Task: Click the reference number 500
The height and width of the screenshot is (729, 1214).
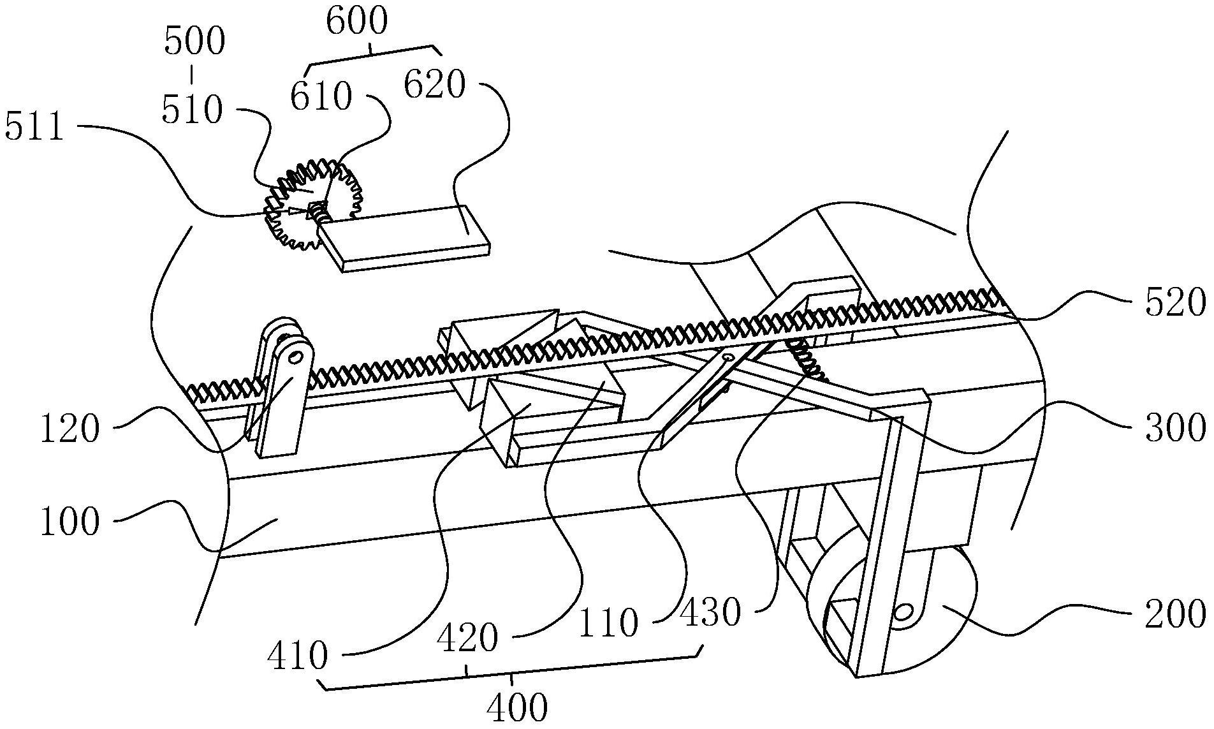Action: (194, 43)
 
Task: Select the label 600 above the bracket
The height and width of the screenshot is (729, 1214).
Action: (356, 20)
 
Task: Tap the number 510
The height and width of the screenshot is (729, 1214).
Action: (192, 110)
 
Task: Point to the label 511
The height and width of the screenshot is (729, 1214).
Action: (34, 127)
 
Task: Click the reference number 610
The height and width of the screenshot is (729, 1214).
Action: (321, 98)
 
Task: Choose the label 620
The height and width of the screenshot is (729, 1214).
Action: (435, 84)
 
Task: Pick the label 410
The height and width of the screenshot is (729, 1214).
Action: (297, 655)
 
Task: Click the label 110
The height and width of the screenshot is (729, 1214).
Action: (608, 622)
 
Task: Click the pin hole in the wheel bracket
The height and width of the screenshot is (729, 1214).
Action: (903, 613)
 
